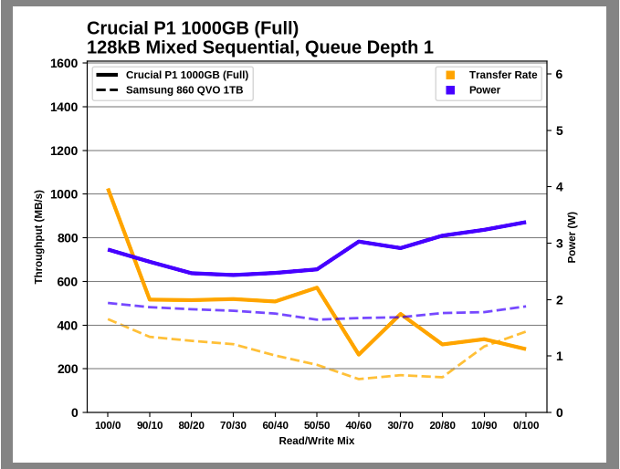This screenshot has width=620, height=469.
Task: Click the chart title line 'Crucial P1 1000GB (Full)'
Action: point(192,28)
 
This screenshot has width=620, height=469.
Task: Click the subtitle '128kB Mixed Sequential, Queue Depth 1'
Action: point(259,47)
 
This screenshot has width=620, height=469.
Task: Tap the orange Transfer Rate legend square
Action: point(450,75)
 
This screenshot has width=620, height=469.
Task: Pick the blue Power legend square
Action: point(450,90)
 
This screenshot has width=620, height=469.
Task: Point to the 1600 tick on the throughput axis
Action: point(63,63)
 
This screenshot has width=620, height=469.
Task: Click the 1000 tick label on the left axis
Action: point(63,194)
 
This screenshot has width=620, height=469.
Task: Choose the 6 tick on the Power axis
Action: point(559,75)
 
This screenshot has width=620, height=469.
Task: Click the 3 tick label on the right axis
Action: point(559,244)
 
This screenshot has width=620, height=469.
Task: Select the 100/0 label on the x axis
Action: point(108,425)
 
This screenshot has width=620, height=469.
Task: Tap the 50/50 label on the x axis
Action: point(317,425)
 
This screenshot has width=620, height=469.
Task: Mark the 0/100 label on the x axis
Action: point(525,425)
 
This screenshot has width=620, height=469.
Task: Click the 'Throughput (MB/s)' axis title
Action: point(38,237)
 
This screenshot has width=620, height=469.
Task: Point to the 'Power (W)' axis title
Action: point(573,237)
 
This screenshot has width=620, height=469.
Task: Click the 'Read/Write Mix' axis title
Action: point(317,441)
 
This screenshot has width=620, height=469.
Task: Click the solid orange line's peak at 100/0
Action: point(108,190)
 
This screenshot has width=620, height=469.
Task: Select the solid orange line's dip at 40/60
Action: point(359,354)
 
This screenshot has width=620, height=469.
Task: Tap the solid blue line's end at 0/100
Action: point(525,222)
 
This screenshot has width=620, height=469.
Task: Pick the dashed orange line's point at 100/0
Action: point(108,318)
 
